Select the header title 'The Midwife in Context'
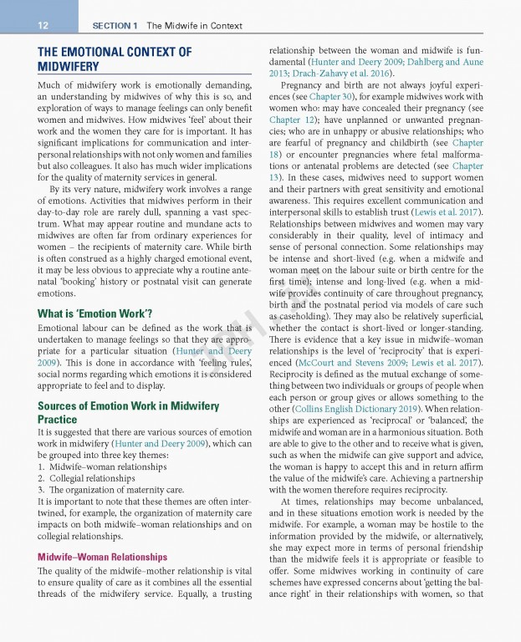(x=192, y=26)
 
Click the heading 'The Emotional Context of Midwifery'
(x=115, y=59)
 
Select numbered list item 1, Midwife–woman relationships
(x=100, y=466)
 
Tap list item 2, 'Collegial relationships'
(x=86, y=477)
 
